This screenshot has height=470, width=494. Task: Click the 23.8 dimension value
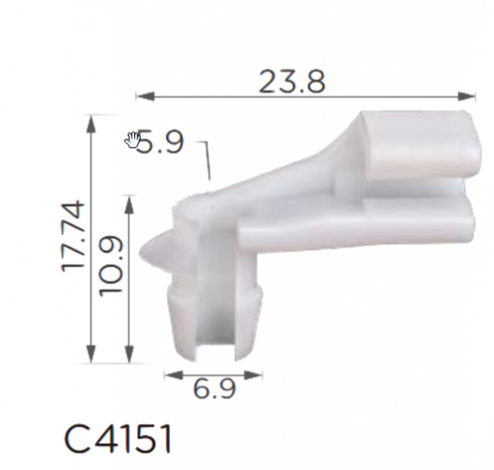pos(292,82)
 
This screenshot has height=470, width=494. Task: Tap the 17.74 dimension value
pos(73,236)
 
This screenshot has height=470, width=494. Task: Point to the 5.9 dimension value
pos(161,142)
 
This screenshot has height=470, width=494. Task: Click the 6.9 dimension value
pos(215,388)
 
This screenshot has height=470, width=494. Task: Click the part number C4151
pos(118,439)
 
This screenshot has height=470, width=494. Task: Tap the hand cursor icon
pos(132,140)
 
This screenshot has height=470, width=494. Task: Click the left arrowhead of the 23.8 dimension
pos(145,96)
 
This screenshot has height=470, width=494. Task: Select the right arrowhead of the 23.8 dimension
pos(466,96)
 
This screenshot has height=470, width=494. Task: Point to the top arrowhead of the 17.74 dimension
pos(91,125)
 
